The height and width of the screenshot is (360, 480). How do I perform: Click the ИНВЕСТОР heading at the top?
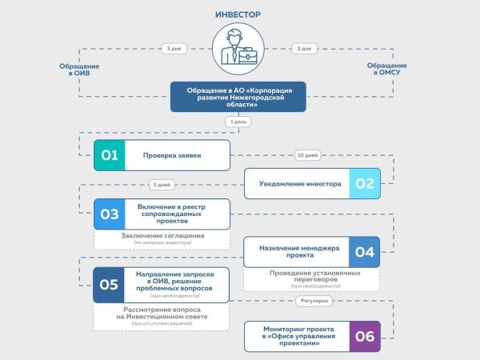pos(239,14)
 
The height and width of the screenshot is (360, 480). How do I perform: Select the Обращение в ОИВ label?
pos(80,69)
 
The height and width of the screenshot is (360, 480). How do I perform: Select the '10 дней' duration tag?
pos(307,154)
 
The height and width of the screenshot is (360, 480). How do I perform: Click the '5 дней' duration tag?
pos(161,185)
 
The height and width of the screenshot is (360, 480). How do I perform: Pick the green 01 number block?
pos(110,155)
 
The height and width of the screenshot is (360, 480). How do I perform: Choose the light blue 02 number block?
pos(365,184)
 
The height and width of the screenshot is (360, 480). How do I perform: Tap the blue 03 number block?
pos(110,214)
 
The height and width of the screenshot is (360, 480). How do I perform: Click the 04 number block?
pos(365,252)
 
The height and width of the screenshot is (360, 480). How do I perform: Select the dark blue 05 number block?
pos(110,283)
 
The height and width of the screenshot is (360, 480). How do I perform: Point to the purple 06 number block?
pos(365,336)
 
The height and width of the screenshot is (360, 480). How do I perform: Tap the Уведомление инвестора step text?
pos(299,184)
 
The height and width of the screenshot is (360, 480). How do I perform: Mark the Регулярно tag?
pos(310,302)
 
